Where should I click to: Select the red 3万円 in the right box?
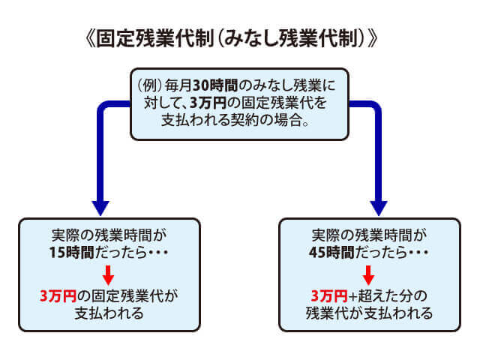328,294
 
